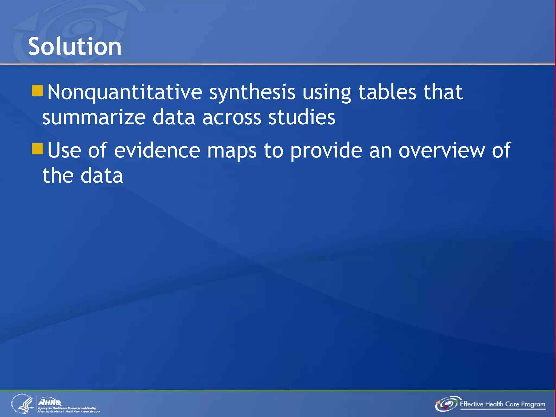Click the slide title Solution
tap(75, 47)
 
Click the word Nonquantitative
tap(125, 92)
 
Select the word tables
tap(387, 92)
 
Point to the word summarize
tap(94, 117)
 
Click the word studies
tap(302, 117)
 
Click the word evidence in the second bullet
tap(157, 150)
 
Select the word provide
tap(326, 150)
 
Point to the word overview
tap(441, 150)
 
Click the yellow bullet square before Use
tap(37, 149)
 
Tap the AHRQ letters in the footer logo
tap(50, 402)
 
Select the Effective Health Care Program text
tap(502, 404)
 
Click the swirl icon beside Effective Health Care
tap(447, 404)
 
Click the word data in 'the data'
tap(102, 176)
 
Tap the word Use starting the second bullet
tap(64, 150)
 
